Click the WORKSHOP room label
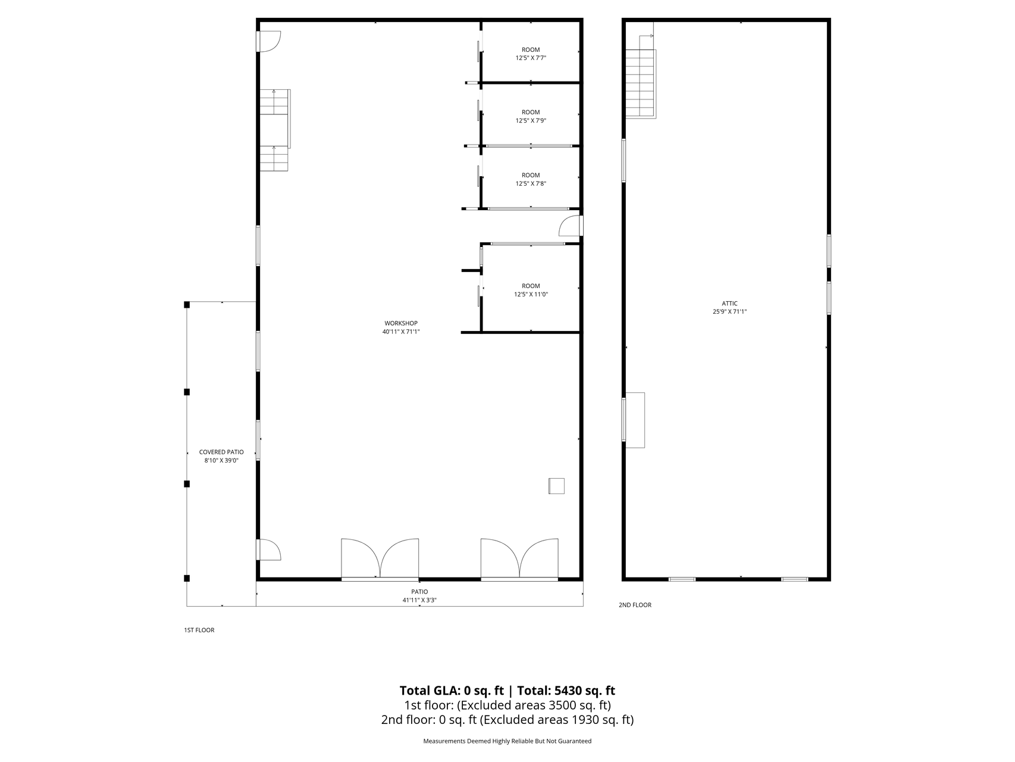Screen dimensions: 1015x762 tap(401, 323)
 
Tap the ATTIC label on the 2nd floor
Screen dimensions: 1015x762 tap(729, 304)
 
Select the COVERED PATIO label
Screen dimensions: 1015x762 tap(221, 452)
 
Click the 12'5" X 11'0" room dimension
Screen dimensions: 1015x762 tap(531, 294)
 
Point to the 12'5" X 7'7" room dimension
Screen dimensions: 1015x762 tap(531, 58)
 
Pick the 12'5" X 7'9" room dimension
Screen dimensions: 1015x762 tap(531, 120)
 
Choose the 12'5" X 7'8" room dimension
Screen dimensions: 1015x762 tap(531, 183)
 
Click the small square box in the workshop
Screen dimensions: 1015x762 tap(556, 486)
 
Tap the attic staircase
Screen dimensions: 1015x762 tap(640, 76)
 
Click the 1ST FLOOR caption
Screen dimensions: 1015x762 tap(199, 630)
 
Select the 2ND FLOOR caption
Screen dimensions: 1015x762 tap(635, 605)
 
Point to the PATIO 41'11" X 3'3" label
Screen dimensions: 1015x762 tap(419, 596)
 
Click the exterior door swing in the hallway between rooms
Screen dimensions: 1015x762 tap(570, 226)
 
